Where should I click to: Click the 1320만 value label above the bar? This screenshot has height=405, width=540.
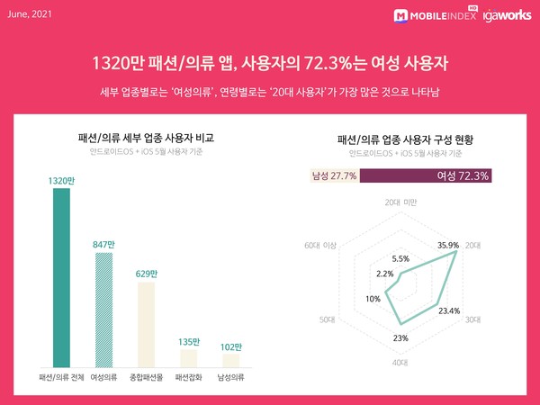[x=60, y=181]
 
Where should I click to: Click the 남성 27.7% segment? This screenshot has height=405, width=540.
[x=334, y=175]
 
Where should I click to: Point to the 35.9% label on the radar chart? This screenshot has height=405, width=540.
[x=448, y=244]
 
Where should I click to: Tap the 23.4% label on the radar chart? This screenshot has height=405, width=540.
[x=448, y=310]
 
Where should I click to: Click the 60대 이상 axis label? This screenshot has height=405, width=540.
[x=319, y=245]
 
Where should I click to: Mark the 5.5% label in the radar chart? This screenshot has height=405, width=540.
[x=400, y=258]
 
